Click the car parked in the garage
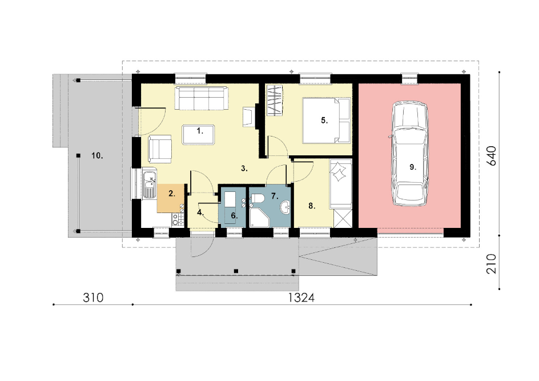(410, 154)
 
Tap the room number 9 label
(412, 167)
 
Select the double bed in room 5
(326, 121)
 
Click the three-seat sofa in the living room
(201, 98)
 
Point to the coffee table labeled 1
(199, 135)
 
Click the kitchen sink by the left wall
(149, 185)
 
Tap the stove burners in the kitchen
(178, 219)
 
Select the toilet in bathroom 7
(257, 198)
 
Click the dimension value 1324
(301, 298)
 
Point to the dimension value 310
(93, 298)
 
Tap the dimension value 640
(492, 156)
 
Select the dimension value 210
(492, 264)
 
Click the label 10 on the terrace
(97, 156)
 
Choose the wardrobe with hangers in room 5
(275, 101)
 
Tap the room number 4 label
(200, 212)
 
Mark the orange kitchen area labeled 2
(171, 198)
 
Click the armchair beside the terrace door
(160, 149)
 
